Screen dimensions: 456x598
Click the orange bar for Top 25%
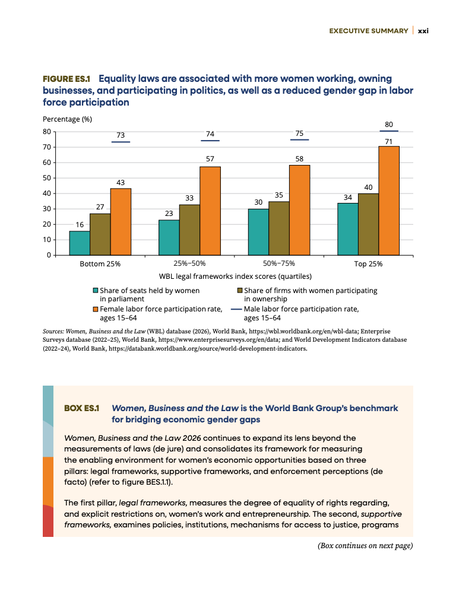pos(389,201)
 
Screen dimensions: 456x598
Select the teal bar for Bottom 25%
pos(80,243)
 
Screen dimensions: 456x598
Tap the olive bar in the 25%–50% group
pos(189,230)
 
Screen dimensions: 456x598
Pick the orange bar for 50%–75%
pos(300,210)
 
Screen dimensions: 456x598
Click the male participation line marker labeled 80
pos(389,131)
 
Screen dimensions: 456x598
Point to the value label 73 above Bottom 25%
pos(121,135)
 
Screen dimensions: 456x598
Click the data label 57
pos(210,158)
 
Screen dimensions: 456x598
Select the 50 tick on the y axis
pos(46,178)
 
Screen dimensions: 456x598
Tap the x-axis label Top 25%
pos(368,264)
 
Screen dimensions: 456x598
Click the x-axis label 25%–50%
pos(189,263)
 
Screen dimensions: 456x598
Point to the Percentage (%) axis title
pos(67,119)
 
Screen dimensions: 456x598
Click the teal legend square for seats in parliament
pos(96,291)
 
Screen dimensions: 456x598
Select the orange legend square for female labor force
pos(96,309)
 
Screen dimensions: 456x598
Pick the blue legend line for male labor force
pos(236,309)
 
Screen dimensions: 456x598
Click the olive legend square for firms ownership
pos(240,291)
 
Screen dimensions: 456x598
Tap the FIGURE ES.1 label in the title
pos(66,79)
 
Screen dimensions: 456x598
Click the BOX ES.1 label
pos(82,408)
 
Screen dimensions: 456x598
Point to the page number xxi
pos(423,31)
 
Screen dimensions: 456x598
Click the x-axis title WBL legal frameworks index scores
pos(235,276)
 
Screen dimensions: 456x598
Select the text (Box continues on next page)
pos(365,546)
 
